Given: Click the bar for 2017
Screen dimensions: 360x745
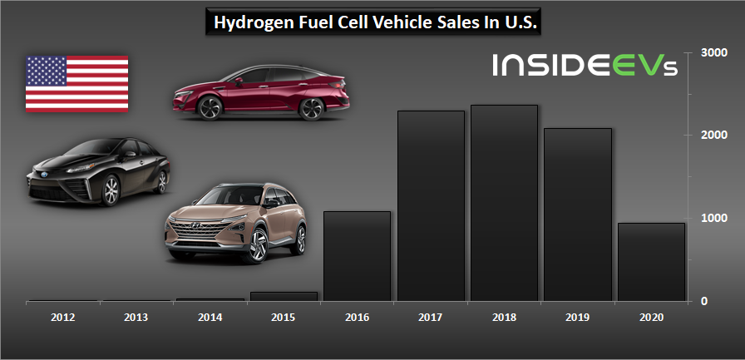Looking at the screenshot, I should pos(430,205).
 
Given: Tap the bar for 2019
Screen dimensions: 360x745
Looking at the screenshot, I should pos(577,214).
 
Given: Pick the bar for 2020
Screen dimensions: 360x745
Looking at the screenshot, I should pos(651,261).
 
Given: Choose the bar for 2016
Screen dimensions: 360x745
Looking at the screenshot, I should pos(357,255).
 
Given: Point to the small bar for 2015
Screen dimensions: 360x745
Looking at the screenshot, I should pos(283,296).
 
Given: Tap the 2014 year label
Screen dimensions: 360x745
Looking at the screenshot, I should pos(210,317).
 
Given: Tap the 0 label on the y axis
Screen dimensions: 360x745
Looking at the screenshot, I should pos(704,301).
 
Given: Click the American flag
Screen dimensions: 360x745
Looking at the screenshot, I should pos(76,84).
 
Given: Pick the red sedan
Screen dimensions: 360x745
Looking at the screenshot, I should pos(260,92).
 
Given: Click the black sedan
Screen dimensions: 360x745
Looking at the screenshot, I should pos(98,171).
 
